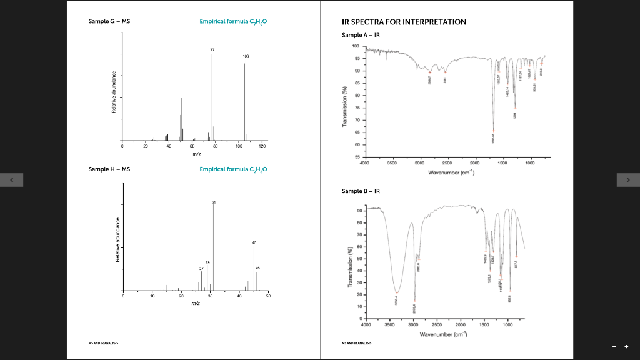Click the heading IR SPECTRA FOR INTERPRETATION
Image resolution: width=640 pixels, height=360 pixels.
[x=404, y=22]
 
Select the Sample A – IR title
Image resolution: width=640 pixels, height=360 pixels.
[x=361, y=35]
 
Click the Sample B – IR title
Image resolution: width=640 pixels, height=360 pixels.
[x=361, y=191]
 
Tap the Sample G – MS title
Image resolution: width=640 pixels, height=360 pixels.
[x=109, y=22]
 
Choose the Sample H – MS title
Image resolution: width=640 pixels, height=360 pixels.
[x=109, y=169]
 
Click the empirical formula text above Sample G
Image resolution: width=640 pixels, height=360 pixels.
[x=236, y=22]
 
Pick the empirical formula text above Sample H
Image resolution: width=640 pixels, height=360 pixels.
[x=236, y=169]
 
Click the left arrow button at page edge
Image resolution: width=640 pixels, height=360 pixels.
[x=11, y=181]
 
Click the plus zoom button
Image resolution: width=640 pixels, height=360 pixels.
[x=626, y=347]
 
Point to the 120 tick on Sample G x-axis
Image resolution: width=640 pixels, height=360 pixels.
[x=262, y=146]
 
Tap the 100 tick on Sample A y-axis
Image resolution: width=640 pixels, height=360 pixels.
[x=355, y=46]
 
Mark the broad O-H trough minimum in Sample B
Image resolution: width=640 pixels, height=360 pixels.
[x=396, y=292]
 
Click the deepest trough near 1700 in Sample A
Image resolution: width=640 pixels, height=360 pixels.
[x=493, y=130]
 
